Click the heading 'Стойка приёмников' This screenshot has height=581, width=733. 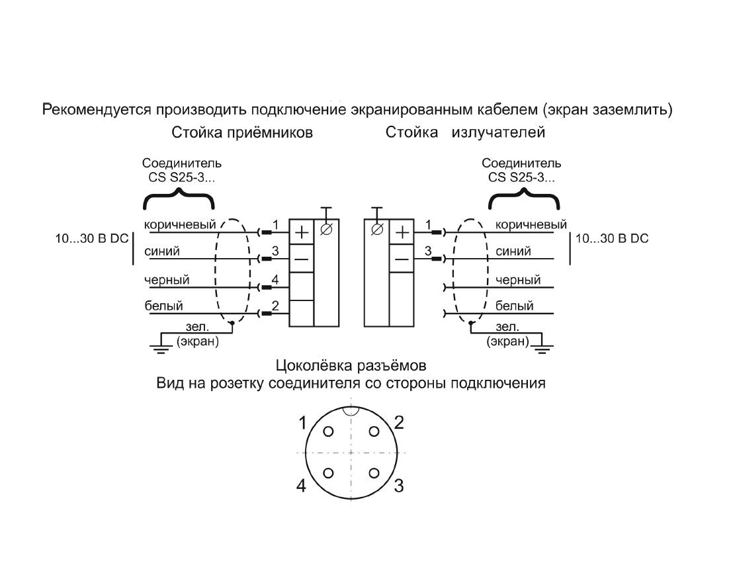(242, 133)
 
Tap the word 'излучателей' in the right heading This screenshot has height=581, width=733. (498, 133)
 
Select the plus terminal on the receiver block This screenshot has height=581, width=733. (301, 232)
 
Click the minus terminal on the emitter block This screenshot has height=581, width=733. (402, 259)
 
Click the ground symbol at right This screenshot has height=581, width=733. (543, 347)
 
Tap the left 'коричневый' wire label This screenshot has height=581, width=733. (180, 224)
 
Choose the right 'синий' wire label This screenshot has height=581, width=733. (513, 251)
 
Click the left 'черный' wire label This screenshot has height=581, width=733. (167, 279)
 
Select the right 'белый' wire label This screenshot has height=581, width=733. (514, 306)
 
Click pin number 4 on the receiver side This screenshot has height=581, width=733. (275, 280)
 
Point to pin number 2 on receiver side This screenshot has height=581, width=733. (275, 306)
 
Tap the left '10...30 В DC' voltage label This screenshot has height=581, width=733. (91, 239)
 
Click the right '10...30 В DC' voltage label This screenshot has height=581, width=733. (613, 239)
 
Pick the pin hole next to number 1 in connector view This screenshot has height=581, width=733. (329, 431)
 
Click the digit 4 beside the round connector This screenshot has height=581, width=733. (301, 486)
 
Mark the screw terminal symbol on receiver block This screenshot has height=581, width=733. (326, 230)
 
